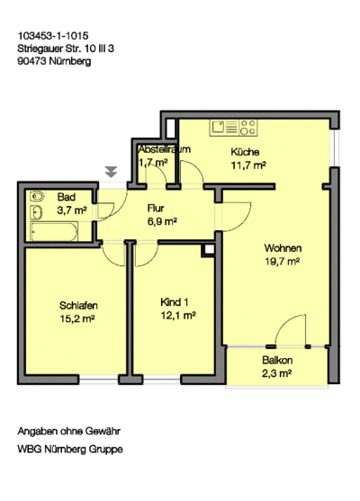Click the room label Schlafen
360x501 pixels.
pos(80,304)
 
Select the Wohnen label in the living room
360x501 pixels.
pos(283,248)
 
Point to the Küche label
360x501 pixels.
pos(245,152)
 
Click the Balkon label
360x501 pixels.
pos(278,360)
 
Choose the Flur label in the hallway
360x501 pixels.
pos(157,208)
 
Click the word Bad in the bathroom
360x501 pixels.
pos(66,197)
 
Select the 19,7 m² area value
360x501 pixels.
pos(283,262)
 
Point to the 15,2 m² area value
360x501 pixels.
pos(80,318)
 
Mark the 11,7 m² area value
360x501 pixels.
pos(247,166)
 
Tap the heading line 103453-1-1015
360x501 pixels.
pos(52,37)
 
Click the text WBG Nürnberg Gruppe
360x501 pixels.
pos(70,449)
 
